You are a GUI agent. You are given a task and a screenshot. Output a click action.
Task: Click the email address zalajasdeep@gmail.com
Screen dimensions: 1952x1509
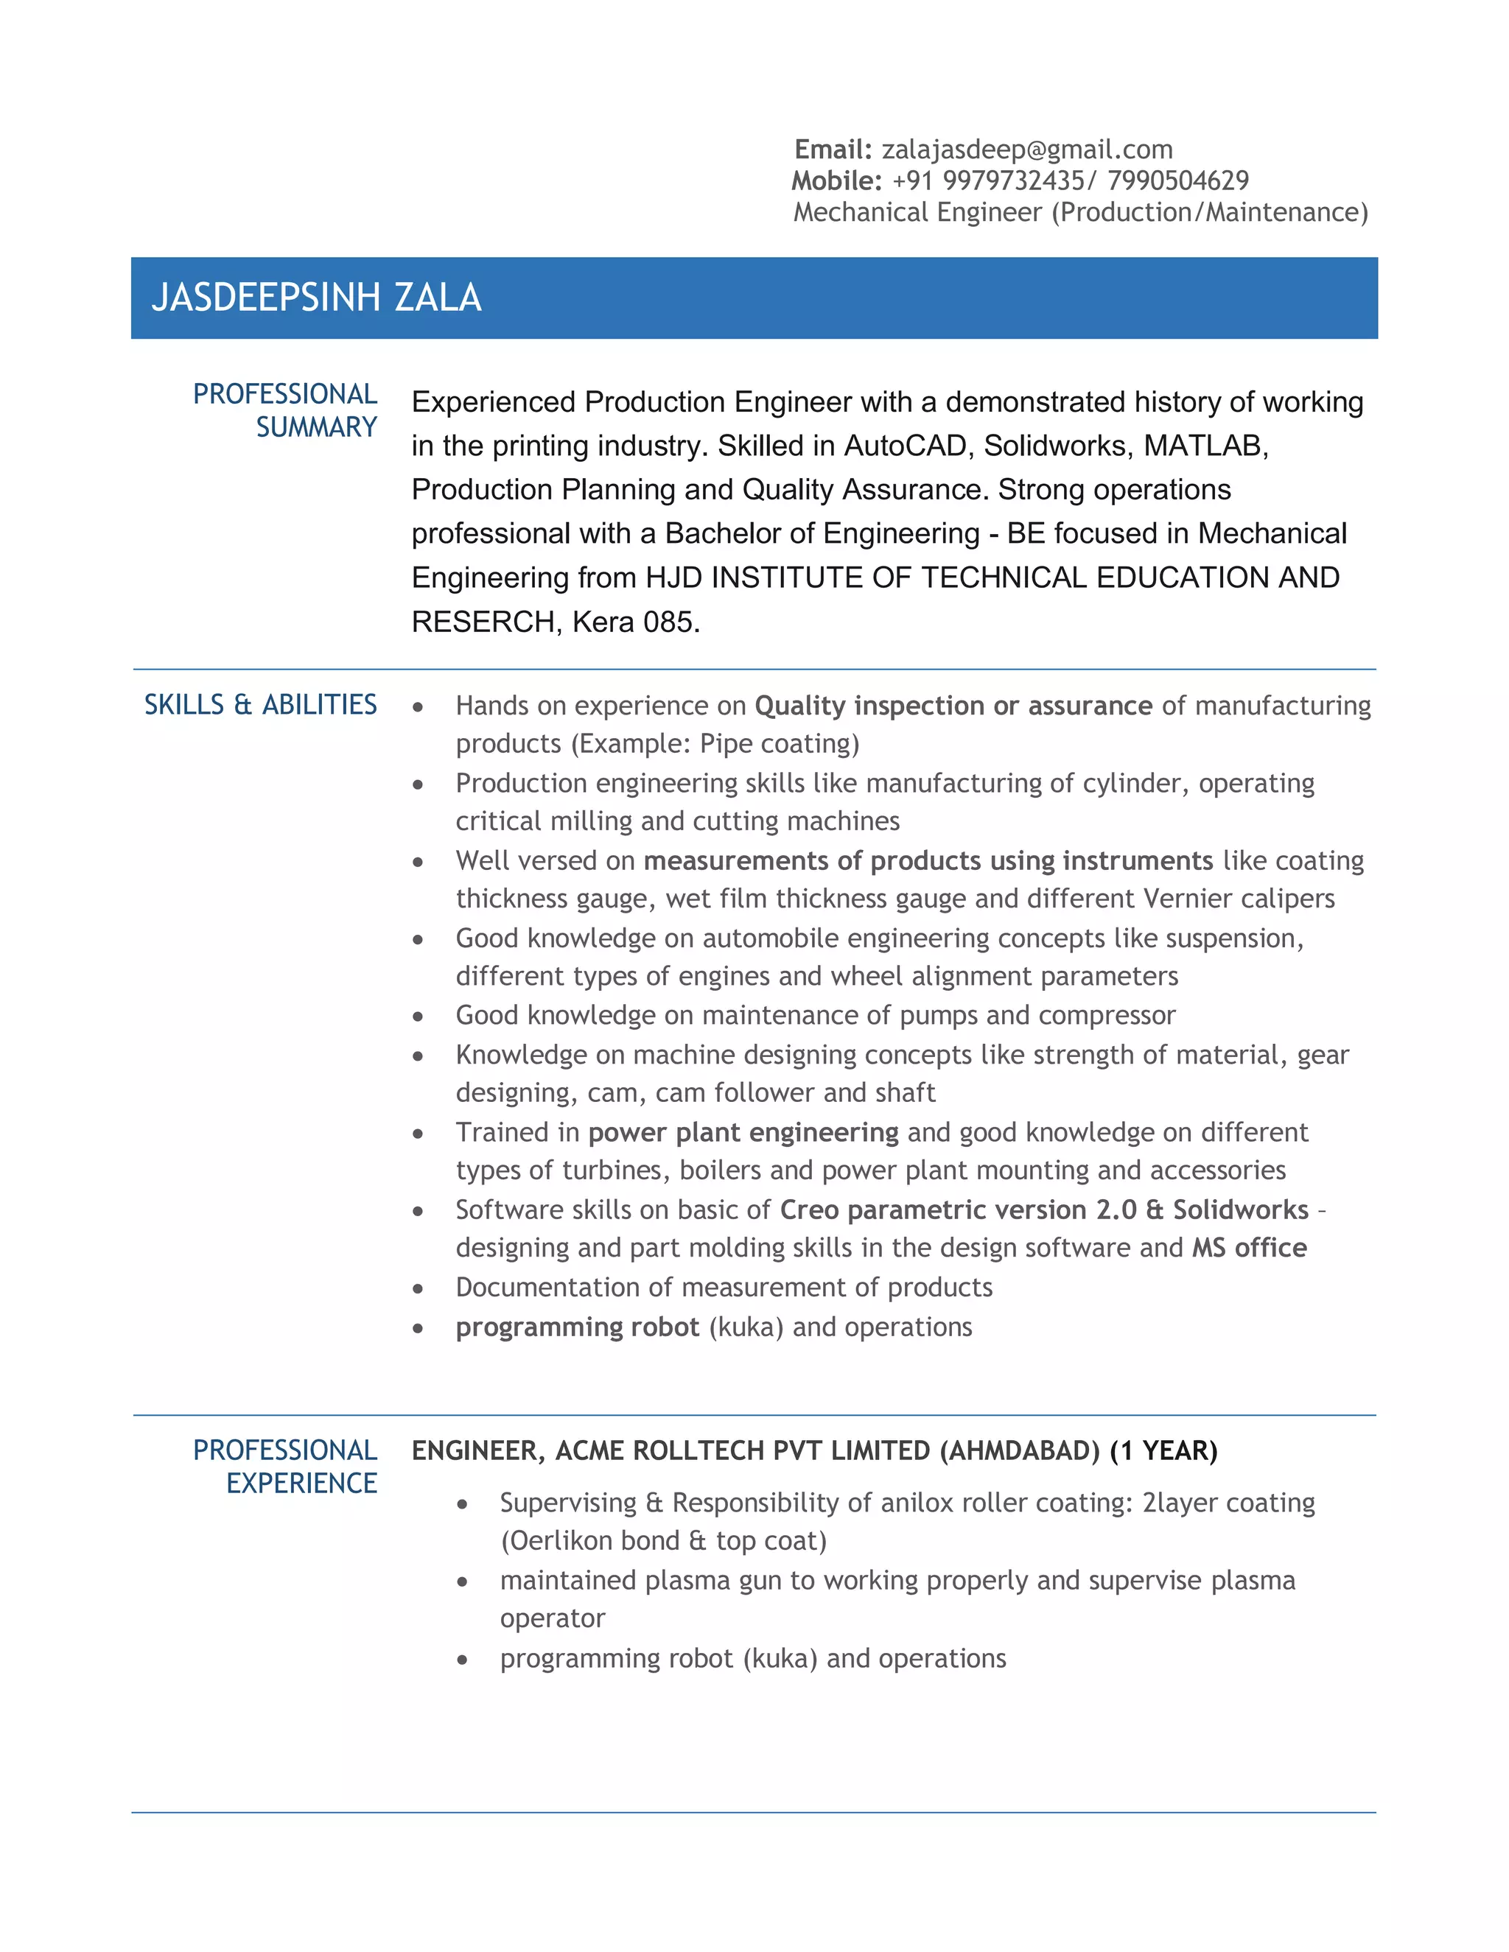1026,150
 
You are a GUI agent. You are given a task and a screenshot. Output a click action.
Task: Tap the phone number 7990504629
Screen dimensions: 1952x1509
1177,180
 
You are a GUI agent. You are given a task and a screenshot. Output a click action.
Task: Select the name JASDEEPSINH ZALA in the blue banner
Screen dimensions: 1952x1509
316,298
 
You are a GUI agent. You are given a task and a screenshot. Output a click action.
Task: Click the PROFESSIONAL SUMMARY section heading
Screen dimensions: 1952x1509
285,410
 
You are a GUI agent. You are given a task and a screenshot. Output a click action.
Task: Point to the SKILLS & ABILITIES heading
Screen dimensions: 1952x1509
260,704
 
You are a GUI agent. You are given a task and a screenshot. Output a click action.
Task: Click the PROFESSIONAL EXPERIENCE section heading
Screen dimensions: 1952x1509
285,1466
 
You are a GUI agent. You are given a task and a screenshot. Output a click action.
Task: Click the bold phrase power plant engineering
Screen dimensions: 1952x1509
743,1131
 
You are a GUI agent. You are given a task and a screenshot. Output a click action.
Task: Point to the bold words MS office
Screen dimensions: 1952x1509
1249,1247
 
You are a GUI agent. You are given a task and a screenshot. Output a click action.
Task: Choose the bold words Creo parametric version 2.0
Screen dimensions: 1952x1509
957,1210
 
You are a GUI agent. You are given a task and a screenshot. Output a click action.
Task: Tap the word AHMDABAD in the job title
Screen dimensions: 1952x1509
1019,1450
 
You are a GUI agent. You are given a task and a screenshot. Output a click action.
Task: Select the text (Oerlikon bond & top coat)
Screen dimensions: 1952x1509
663,1540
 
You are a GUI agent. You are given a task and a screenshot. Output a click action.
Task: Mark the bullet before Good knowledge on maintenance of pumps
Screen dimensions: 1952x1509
418,1017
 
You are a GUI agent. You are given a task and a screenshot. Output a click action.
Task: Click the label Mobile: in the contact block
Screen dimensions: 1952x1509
836,180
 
